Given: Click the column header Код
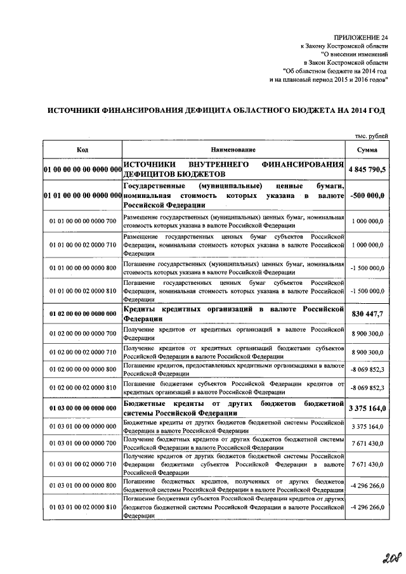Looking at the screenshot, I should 82,149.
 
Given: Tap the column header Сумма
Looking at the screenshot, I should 367,149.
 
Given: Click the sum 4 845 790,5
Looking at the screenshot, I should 367,169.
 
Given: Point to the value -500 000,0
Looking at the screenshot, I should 367,196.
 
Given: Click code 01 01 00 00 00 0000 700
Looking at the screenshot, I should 82,221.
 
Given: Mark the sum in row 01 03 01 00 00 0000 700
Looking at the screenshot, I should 367,443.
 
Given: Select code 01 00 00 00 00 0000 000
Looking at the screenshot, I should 82,170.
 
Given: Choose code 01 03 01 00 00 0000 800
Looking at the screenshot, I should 82,485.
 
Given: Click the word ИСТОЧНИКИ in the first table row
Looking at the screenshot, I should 150,165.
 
